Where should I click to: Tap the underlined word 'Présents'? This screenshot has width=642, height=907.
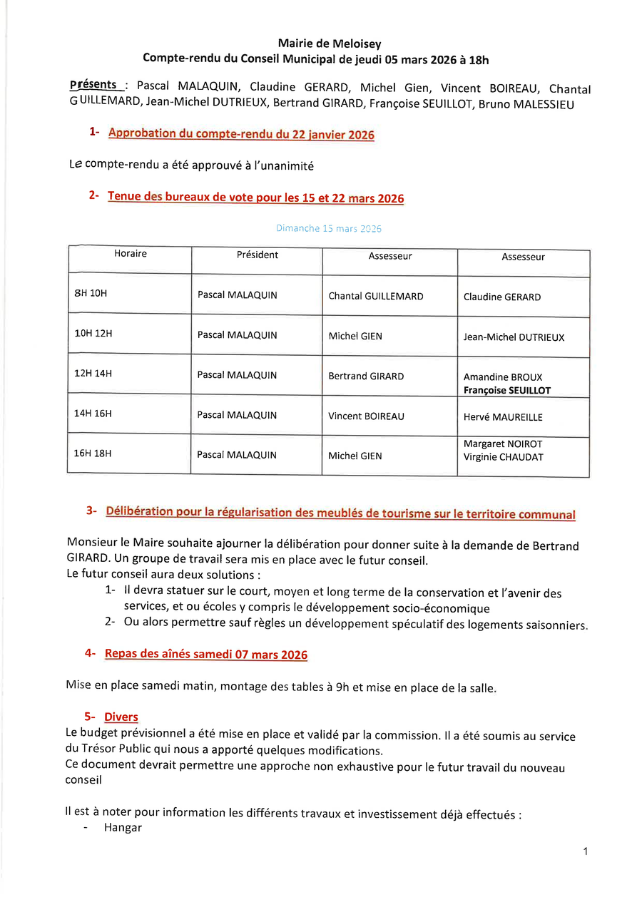pos(93,85)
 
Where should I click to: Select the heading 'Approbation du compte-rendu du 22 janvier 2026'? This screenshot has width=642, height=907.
pos(241,134)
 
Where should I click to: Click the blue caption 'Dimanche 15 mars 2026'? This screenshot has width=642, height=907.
pos(328,229)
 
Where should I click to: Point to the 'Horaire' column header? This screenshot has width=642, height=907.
pos(131,253)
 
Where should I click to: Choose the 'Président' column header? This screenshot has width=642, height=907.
pos(257,255)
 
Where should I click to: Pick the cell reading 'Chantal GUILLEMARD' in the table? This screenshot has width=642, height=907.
pos(375,296)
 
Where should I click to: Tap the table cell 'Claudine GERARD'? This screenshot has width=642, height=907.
pos(501,297)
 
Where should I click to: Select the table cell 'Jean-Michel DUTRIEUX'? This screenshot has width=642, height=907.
pos(514,337)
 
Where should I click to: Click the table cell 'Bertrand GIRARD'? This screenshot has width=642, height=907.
pos(366,376)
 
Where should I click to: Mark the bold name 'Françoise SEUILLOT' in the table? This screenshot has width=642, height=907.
pos(506,391)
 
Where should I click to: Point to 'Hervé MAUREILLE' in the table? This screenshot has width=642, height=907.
pos(503,417)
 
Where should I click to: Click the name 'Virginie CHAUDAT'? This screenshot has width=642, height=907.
pos(503,457)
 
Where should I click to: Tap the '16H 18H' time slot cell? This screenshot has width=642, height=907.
pos(93,453)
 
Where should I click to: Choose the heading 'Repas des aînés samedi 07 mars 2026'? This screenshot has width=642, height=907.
pos(205,654)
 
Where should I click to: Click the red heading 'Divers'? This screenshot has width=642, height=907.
pos(121,717)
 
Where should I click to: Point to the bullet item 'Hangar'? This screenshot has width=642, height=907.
pos(123,828)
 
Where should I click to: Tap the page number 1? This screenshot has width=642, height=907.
pos(585,851)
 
